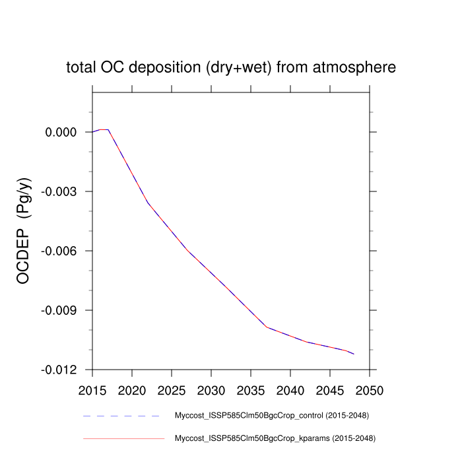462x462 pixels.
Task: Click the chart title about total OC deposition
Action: [x=231, y=67]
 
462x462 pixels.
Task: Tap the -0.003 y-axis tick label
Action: [x=60, y=191]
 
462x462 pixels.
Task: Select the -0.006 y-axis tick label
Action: [x=60, y=251]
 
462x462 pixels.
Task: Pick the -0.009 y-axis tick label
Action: [x=60, y=310]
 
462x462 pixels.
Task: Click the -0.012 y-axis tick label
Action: [x=60, y=370]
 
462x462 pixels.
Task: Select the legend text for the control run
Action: [x=271, y=416]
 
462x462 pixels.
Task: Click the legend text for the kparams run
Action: [x=273, y=438]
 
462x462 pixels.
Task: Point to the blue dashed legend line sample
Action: [x=122, y=416]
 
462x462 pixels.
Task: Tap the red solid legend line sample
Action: [x=122, y=438]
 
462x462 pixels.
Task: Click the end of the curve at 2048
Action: [x=354, y=354]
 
